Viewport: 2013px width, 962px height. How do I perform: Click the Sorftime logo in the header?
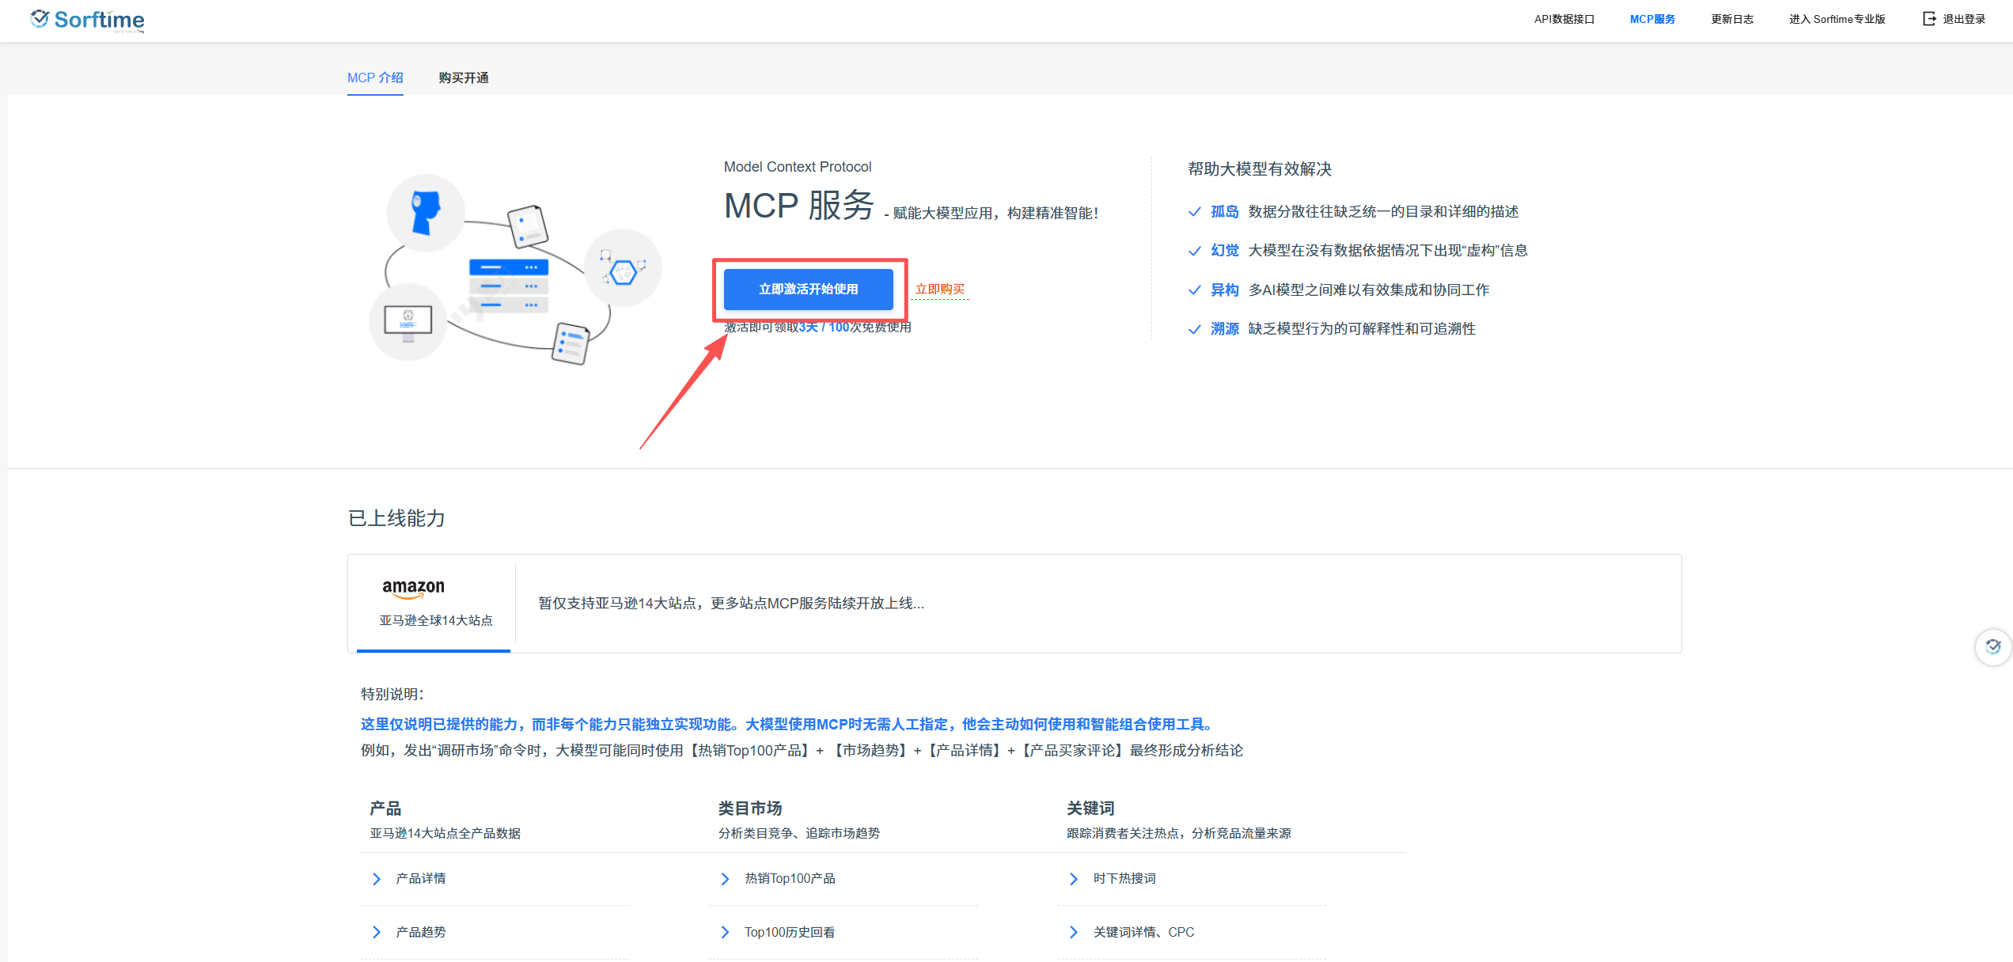(x=87, y=20)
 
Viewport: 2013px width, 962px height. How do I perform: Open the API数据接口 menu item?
(x=1564, y=19)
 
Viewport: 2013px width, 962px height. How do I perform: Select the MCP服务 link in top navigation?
(x=1652, y=19)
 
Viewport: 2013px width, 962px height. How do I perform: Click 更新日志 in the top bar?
(x=1732, y=19)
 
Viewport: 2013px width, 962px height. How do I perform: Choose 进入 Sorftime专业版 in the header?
(x=1837, y=19)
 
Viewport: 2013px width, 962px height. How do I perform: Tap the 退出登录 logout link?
(x=1954, y=19)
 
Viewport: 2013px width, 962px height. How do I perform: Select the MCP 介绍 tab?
(x=375, y=78)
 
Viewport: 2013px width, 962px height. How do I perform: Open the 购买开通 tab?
(x=464, y=78)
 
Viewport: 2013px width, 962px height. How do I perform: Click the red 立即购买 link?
(x=940, y=290)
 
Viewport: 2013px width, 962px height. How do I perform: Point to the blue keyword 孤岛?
(x=1225, y=211)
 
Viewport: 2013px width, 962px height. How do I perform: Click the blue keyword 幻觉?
(x=1225, y=250)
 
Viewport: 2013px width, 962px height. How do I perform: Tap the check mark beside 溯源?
(x=1195, y=329)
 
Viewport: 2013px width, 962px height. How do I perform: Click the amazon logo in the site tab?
(x=413, y=588)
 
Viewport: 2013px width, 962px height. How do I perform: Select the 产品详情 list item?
(x=421, y=878)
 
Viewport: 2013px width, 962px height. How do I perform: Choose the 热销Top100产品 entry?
(x=790, y=878)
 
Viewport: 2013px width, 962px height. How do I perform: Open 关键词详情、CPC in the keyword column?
(x=1143, y=932)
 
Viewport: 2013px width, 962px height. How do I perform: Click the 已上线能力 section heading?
(x=396, y=518)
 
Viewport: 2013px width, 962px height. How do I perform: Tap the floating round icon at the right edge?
(x=1993, y=647)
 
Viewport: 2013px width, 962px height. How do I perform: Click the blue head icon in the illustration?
(x=426, y=213)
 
